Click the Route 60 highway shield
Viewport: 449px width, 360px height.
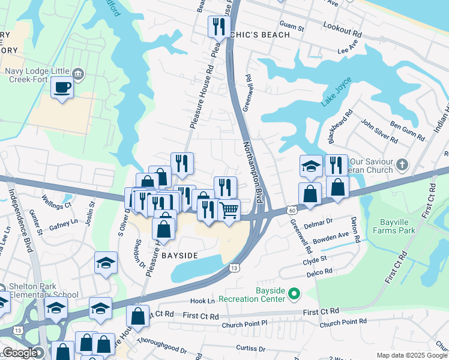pyautogui.click(x=291, y=210)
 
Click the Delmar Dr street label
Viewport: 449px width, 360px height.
pyautogui.click(x=318, y=223)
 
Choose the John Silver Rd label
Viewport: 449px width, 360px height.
pyautogui.click(x=378, y=131)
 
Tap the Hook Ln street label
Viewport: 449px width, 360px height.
pyautogui.click(x=202, y=301)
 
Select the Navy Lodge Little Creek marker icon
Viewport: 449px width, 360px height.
pyautogui.click(x=78, y=73)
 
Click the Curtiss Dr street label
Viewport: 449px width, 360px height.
pyautogui.click(x=251, y=347)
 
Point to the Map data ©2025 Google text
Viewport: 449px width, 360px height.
pyautogui.click(x=411, y=355)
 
